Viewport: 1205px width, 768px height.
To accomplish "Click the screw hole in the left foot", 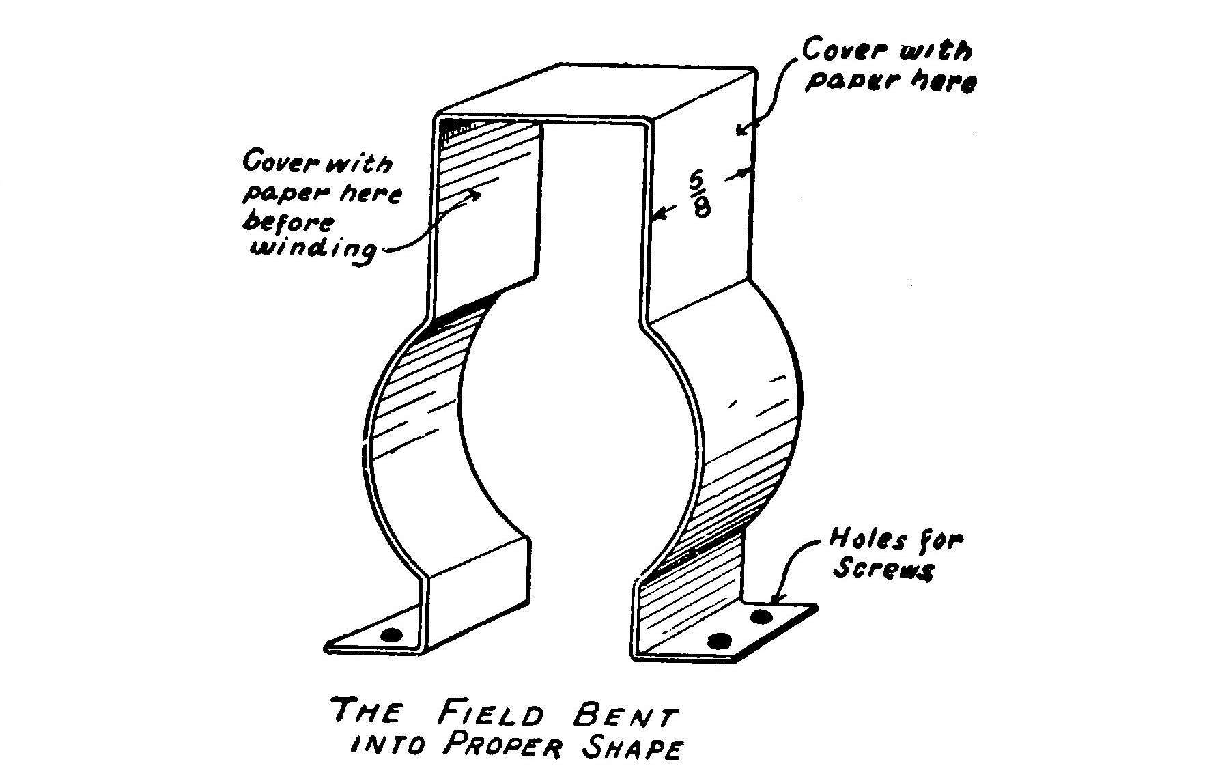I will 391,635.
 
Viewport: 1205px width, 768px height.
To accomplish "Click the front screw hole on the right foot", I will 719,641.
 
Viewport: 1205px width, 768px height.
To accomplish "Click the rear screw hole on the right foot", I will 761,616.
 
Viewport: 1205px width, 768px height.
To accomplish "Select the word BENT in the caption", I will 623,716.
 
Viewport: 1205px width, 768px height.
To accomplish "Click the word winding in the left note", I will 313,249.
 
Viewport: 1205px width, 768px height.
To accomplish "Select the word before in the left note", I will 289,223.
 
